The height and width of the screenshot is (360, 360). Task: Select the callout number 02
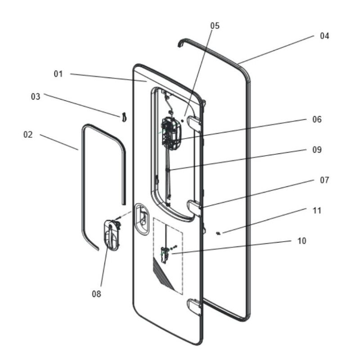coord(28,134)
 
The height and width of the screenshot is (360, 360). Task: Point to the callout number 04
coord(324,36)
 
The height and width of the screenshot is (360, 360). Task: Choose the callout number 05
coord(215,26)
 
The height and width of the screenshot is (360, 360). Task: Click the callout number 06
coord(317,119)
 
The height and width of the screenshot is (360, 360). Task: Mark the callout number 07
coord(324,180)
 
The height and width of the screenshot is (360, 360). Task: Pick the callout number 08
coord(96,294)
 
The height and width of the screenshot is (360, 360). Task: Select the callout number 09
coord(317,150)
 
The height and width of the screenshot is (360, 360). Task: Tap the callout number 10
coord(301,241)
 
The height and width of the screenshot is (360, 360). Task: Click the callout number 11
coord(317,210)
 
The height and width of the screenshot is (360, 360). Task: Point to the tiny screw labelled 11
coord(218,233)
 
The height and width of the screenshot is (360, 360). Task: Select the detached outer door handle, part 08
coord(111,234)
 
